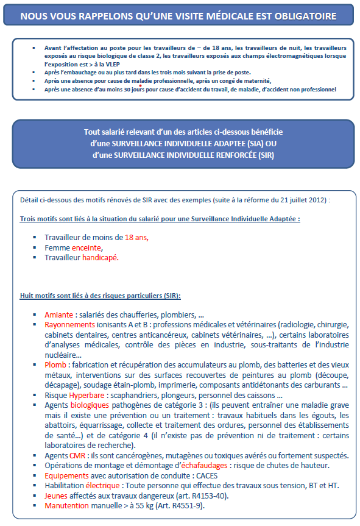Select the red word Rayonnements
tap(70, 325)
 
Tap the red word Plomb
tap(55, 364)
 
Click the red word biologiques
tap(90, 405)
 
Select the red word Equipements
tap(68, 475)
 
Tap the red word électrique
tap(102, 486)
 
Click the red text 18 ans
tap(135, 238)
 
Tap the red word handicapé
tap(99, 258)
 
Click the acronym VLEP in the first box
tap(99, 63)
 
